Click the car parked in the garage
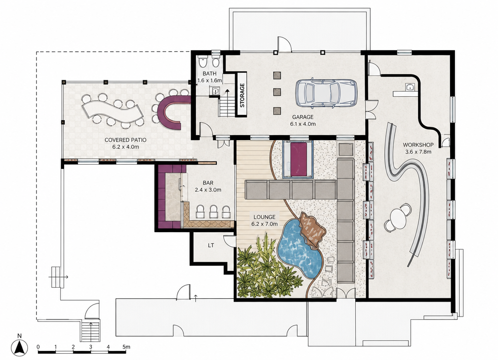326,92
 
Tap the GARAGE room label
303,117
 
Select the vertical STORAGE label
242,95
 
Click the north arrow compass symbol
20,347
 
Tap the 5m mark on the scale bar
126,347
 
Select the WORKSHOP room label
418,145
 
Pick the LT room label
211,246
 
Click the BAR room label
208,183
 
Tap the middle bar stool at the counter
213,212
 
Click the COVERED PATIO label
125,140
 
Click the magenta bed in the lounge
298,159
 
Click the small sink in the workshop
409,87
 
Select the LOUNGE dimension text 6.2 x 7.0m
264,224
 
